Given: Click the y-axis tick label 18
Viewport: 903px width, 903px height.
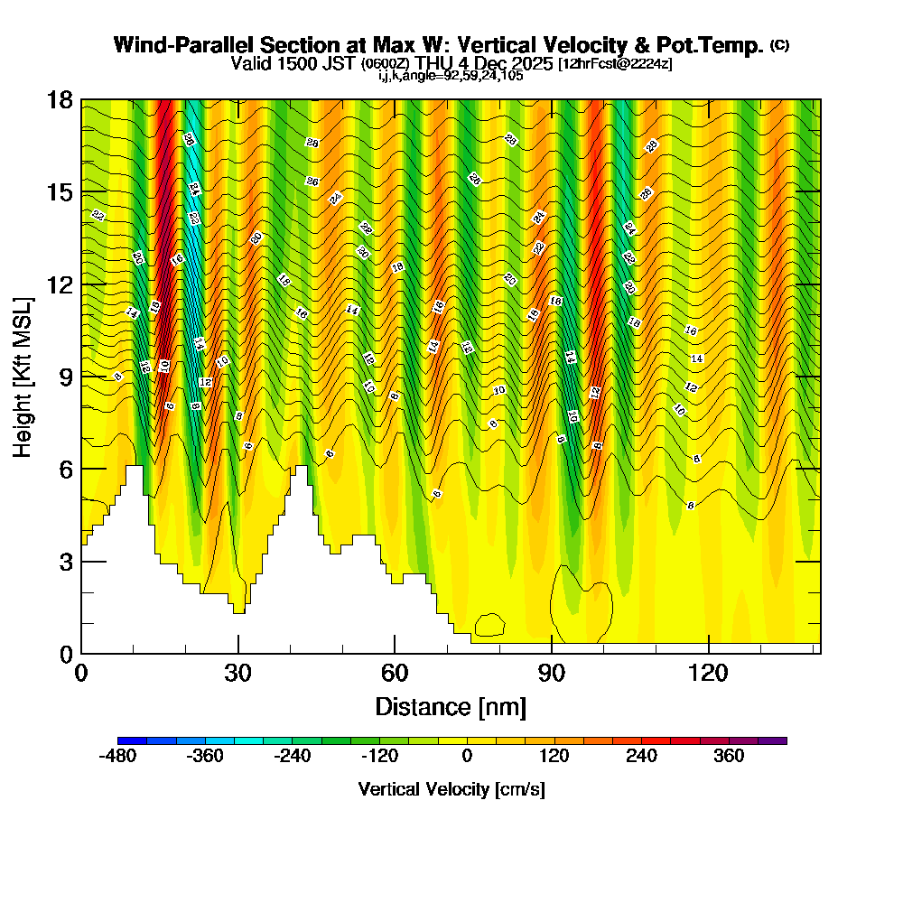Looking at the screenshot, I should (x=60, y=99).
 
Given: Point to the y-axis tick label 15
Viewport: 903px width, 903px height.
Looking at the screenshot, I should (x=60, y=192).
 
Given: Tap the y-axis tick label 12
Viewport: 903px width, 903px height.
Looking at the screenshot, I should (x=60, y=284).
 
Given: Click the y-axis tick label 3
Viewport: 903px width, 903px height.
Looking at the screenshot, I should (x=65, y=561).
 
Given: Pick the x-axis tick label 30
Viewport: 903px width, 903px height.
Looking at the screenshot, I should (x=238, y=674).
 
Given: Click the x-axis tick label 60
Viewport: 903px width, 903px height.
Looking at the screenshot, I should (x=395, y=674).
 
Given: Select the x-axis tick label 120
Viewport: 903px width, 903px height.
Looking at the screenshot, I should (x=709, y=674).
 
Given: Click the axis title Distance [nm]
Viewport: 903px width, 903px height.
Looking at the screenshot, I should (x=451, y=705).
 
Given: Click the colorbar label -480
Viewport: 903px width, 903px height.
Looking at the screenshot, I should (x=117, y=756).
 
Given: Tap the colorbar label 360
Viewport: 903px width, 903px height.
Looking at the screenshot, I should (x=729, y=756).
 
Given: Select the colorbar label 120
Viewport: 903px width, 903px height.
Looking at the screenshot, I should (x=554, y=756).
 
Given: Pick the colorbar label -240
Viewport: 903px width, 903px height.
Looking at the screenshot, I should (x=292, y=756).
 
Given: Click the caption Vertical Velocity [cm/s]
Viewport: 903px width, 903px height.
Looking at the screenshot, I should (x=451, y=789).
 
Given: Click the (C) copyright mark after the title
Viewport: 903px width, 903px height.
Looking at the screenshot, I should (x=779, y=44).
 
